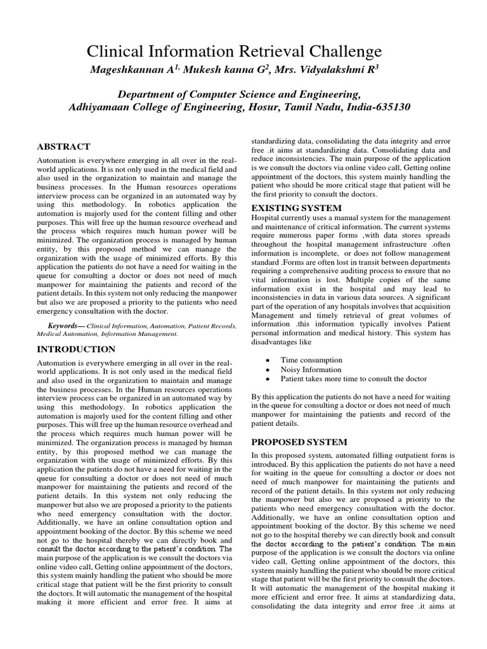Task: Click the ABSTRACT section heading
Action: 64,146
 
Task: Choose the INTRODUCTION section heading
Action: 76,349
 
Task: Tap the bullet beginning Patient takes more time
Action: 354,379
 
